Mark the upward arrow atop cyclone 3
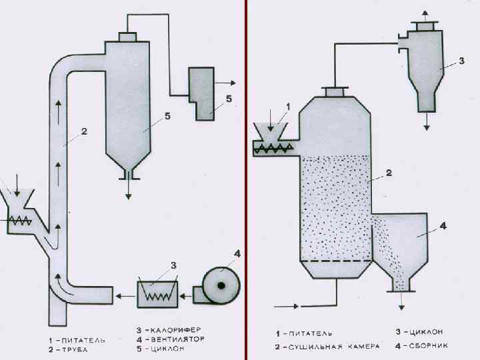(x=427, y=15)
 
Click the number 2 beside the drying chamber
(x=388, y=173)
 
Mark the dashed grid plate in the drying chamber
(x=336, y=260)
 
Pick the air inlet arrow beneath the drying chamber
(x=288, y=306)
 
